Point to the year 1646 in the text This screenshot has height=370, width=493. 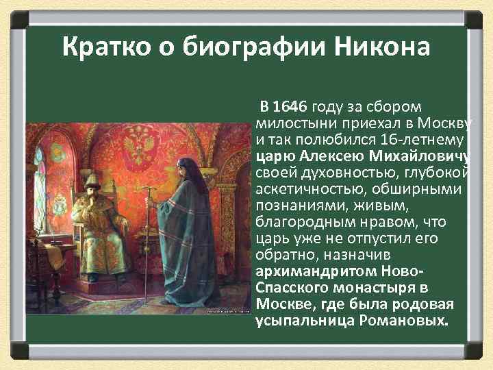pos(290,108)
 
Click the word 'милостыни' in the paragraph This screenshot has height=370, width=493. pos(290,123)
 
